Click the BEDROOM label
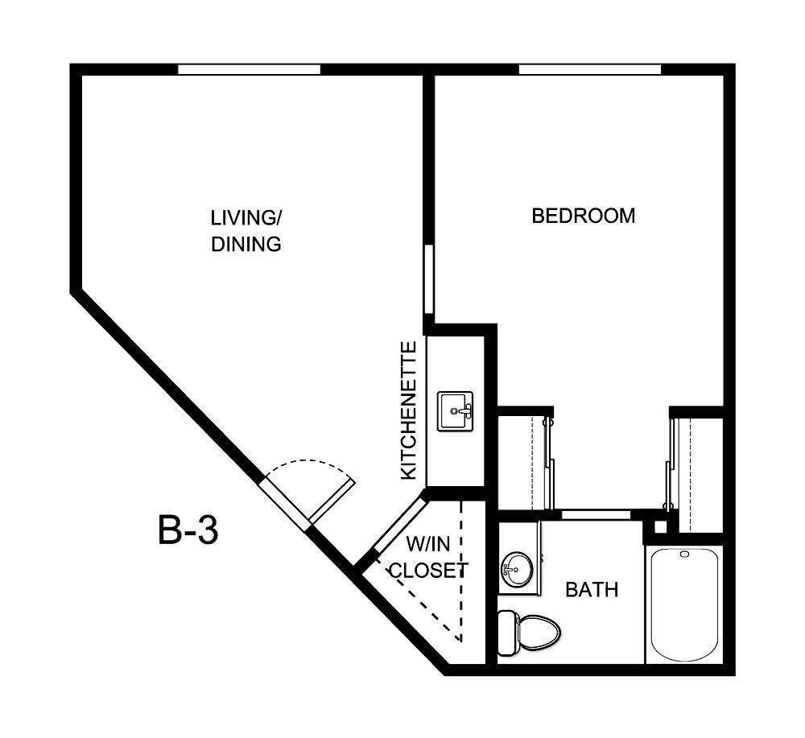[x=583, y=216]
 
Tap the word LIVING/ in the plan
[x=246, y=217]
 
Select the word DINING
[x=246, y=244]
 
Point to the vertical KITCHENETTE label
[x=409, y=410]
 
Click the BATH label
[x=592, y=590]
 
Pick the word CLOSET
[x=427, y=571]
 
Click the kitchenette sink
[x=456, y=412]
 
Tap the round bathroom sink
[x=515, y=570]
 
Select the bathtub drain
[x=684, y=555]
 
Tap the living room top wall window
[x=249, y=69]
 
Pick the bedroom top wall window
[x=589, y=69]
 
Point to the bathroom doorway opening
[x=596, y=513]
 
